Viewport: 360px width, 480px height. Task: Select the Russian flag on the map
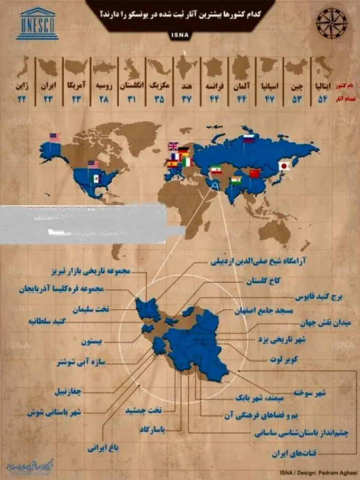[249, 139]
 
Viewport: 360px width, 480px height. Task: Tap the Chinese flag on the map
[256, 173]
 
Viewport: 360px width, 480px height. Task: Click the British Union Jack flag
[173, 146]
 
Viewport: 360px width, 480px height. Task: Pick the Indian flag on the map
[236, 181]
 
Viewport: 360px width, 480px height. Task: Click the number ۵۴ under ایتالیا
[322, 100]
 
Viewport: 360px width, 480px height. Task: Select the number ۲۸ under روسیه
[103, 100]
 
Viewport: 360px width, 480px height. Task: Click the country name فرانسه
[215, 85]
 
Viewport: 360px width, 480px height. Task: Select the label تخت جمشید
[143, 411]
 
